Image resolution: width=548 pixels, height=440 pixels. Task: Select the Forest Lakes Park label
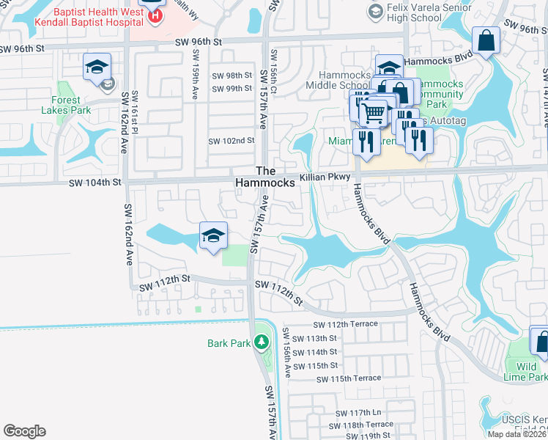[71, 105]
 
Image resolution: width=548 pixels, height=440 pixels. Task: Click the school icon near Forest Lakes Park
[97, 67]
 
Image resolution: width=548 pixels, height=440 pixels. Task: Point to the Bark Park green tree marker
[262, 342]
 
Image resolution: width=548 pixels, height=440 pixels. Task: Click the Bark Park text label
[229, 342]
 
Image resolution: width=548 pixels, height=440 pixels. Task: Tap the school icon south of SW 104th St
[212, 236]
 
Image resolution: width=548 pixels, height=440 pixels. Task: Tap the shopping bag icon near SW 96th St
[486, 41]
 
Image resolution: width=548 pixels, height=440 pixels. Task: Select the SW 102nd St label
[232, 141]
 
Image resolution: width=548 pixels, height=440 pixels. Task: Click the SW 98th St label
[232, 76]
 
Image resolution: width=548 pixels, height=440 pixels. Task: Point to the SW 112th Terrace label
[346, 324]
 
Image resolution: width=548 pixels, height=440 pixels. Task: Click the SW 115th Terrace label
[349, 378]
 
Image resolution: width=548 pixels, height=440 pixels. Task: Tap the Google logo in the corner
[25, 431]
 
